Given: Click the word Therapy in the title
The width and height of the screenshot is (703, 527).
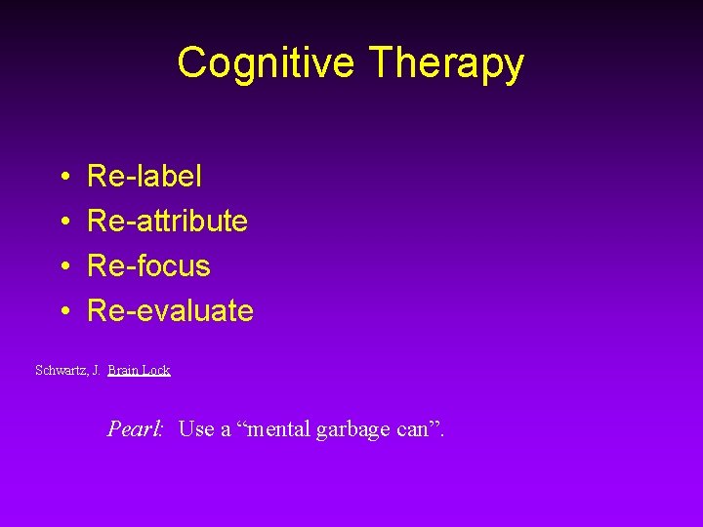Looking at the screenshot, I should [x=447, y=63].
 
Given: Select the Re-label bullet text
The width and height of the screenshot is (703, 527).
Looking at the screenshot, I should [x=145, y=177].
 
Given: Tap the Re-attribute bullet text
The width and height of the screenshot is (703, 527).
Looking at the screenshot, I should [x=167, y=222].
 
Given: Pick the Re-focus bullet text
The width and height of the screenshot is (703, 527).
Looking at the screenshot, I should [x=148, y=266].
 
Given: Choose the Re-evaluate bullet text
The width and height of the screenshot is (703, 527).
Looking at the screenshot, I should [x=170, y=311].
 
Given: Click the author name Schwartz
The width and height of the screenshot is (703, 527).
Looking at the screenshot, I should [x=61, y=371].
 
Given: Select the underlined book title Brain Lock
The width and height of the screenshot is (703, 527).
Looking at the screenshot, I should [x=139, y=371].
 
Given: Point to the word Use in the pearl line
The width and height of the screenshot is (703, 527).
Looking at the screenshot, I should [x=196, y=428].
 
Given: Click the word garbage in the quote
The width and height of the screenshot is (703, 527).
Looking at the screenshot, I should [x=355, y=429].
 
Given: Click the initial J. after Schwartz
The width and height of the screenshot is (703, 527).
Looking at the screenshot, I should [x=96, y=371].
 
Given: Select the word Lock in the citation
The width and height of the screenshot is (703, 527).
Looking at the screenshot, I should [x=156, y=371].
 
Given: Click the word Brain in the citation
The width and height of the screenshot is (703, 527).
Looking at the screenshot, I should [x=123, y=371].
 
